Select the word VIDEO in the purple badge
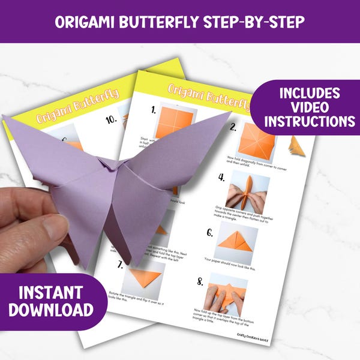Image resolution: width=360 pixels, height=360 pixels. pyautogui.click(x=308, y=107)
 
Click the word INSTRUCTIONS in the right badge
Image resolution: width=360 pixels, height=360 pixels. pyautogui.click(x=308, y=122)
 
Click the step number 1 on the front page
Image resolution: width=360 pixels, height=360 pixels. pyautogui.click(x=154, y=110)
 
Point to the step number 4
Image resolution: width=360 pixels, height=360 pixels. pyautogui.click(x=221, y=178)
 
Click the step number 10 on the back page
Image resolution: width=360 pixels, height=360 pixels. pyautogui.click(x=110, y=120)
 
